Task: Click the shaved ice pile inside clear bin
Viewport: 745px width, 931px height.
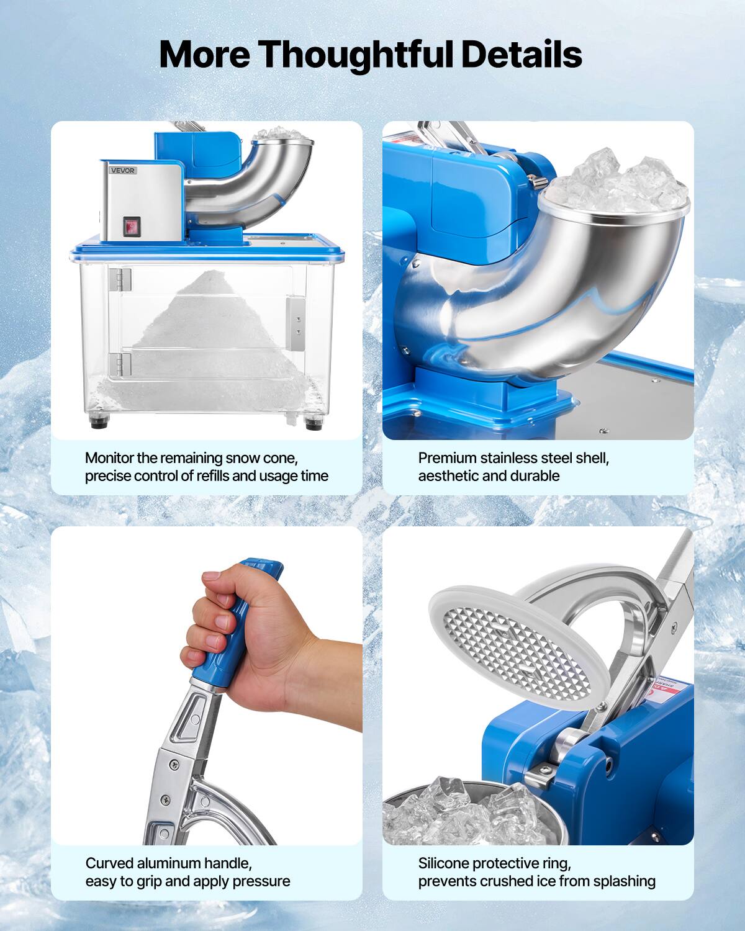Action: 204,323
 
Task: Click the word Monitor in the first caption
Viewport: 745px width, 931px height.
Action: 109,458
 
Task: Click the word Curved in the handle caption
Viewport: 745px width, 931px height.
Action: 109,863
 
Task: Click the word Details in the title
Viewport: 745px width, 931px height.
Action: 520,54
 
